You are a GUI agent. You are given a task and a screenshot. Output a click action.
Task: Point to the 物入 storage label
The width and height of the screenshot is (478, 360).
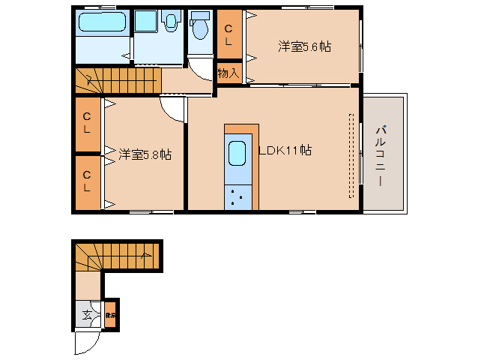(x=228, y=73)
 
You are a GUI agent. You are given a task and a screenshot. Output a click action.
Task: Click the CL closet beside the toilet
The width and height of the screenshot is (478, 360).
(x=229, y=34)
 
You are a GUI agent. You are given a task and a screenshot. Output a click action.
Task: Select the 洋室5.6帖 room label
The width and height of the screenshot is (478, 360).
(x=304, y=46)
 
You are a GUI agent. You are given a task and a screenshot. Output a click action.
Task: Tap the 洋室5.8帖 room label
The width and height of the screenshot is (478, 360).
(x=145, y=154)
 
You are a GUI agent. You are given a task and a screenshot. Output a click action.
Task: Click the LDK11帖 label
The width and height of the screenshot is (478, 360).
(x=285, y=150)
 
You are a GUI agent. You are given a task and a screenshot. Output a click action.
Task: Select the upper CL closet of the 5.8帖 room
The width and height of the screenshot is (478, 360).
(x=87, y=123)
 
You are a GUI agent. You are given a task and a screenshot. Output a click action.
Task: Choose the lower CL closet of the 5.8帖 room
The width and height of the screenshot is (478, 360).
(x=87, y=182)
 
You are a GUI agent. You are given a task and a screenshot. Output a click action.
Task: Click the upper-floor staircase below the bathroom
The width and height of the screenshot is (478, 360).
(x=118, y=79)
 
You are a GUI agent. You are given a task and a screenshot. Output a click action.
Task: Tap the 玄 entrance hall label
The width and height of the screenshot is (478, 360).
(x=88, y=316)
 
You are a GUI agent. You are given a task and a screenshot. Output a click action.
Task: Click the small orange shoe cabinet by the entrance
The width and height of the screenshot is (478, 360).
(x=109, y=316)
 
